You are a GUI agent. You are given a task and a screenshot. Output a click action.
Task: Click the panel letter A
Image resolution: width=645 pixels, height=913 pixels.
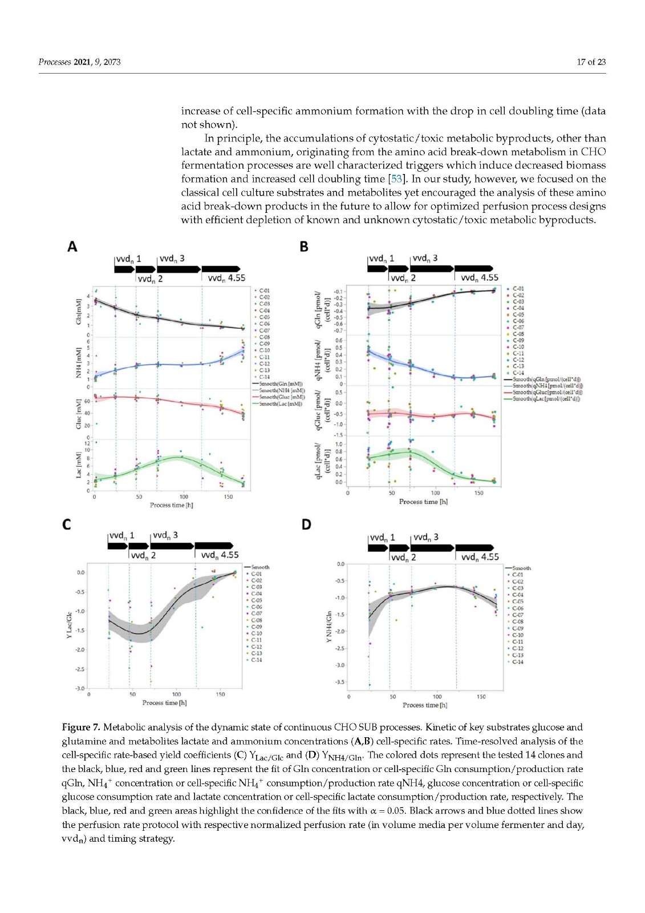pyautogui.click(x=72, y=247)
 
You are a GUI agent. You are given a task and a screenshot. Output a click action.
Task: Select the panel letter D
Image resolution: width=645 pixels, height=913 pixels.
pyautogui.click(x=306, y=524)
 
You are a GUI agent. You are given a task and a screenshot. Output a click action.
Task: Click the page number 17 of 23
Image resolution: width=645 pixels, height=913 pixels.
pyautogui.click(x=591, y=62)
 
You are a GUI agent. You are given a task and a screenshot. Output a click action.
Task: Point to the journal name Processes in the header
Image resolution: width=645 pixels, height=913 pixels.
pyautogui.click(x=55, y=62)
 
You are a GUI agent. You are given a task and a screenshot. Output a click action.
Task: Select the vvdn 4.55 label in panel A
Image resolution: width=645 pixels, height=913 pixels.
pyautogui.click(x=226, y=278)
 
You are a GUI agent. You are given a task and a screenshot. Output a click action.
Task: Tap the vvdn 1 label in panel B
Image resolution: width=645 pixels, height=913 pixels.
pyautogui.click(x=382, y=258)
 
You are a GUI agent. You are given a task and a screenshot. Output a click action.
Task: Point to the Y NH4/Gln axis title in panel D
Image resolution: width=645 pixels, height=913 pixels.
pyautogui.click(x=328, y=627)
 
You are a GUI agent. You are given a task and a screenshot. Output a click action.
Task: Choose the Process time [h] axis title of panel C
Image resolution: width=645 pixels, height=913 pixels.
pyautogui.click(x=164, y=702)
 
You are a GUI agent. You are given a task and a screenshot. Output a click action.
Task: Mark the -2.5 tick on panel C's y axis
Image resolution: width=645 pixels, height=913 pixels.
pyautogui.click(x=80, y=669)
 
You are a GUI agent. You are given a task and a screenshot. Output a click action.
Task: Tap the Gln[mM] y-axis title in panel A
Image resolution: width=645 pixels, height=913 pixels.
pyautogui.click(x=79, y=311)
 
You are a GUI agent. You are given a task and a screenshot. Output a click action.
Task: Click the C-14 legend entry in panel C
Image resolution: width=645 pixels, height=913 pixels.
pyautogui.click(x=256, y=660)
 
